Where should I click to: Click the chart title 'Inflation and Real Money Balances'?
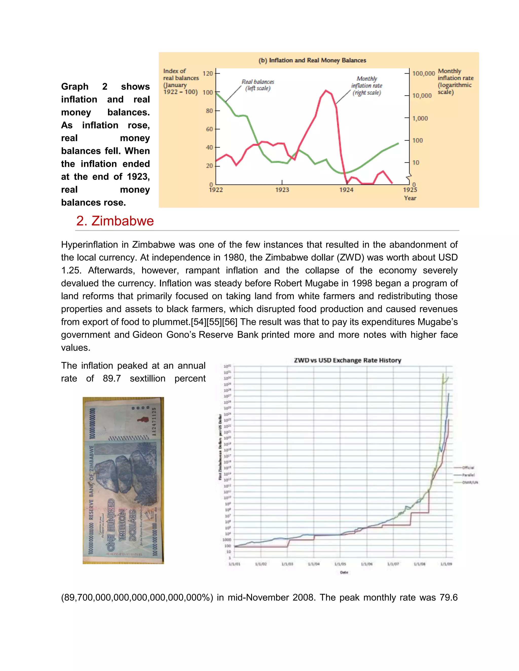(x=317, y=60)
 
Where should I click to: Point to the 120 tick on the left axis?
(x=208, y=73)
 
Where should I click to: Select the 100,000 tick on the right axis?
(x=423, y=73)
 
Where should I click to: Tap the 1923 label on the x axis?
(x=282, y=190)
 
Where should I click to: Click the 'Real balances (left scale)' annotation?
(x=258, y=85)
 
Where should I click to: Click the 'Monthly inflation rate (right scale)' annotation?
(x=366, y=86)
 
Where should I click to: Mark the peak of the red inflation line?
(x=326, y=90)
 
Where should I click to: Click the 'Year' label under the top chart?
(x=410, y=198)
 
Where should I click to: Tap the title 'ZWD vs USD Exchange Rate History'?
(x=347, y=360)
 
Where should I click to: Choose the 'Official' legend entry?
(x=468, y=468)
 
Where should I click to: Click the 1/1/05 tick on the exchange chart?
(x=340, y=564)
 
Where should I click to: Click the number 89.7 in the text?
(x=112, y=379)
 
